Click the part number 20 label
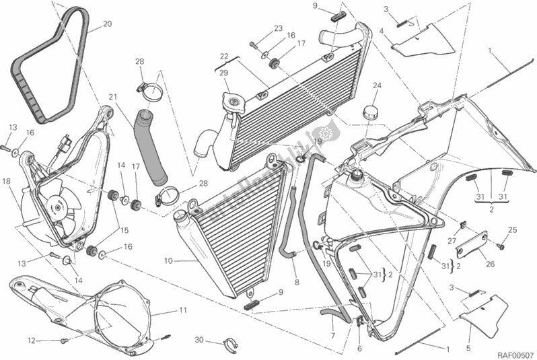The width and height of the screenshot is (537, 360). pyautogui.click(x=107, y=25)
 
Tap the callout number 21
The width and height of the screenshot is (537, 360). pyautogui.click(x=112, y=96)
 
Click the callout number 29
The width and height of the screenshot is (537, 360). pyautogui.click(x=223, y=72)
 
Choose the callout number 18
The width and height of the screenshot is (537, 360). pyautogui.click(x=6, y=182)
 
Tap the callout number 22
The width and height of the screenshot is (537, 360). pyautogui.click(x=224, y=56)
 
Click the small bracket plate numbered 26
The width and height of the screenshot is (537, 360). pyautogui.click(x=472, y=246)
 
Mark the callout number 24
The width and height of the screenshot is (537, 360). pyautogui.click(x=377, y=85)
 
